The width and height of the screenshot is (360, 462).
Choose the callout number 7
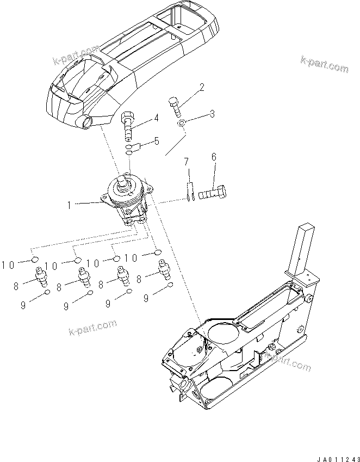(186, 162)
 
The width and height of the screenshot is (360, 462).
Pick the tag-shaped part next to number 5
(137, 146)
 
